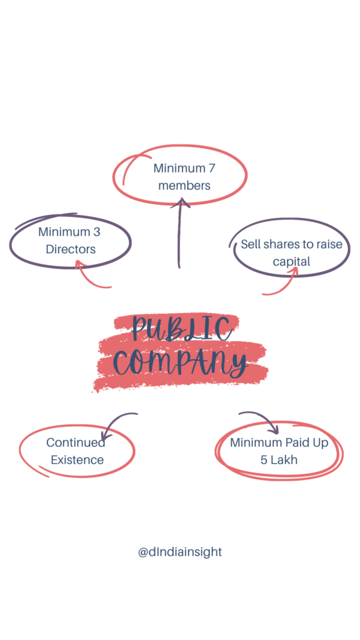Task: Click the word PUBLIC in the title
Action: click(x=182, y=329)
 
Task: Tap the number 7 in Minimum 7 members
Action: click(x=211, y=167)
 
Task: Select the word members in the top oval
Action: click(x=184, y=185)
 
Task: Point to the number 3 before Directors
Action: click(x=97, y=232)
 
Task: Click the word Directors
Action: click(x=71, y=249)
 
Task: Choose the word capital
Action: click(x=291, y=262)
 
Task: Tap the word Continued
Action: click(x=76, y=442)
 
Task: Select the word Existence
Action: click(x=77, y=460)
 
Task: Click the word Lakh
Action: click(x=284, y=460)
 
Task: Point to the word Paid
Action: click(x=297, y=442)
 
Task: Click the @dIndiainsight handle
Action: click(x=180, y=552)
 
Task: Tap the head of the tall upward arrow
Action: click(x=180, y=202)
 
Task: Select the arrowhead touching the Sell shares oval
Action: click(x=293, y=272)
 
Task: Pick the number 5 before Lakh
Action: click(x=264, y=460)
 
